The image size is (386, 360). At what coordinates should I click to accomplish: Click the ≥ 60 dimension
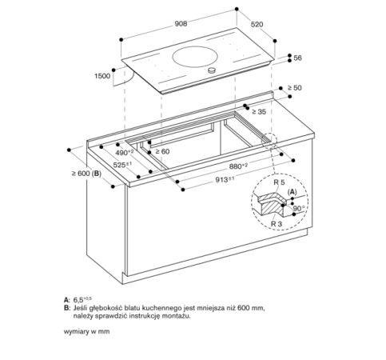(162, 151)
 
